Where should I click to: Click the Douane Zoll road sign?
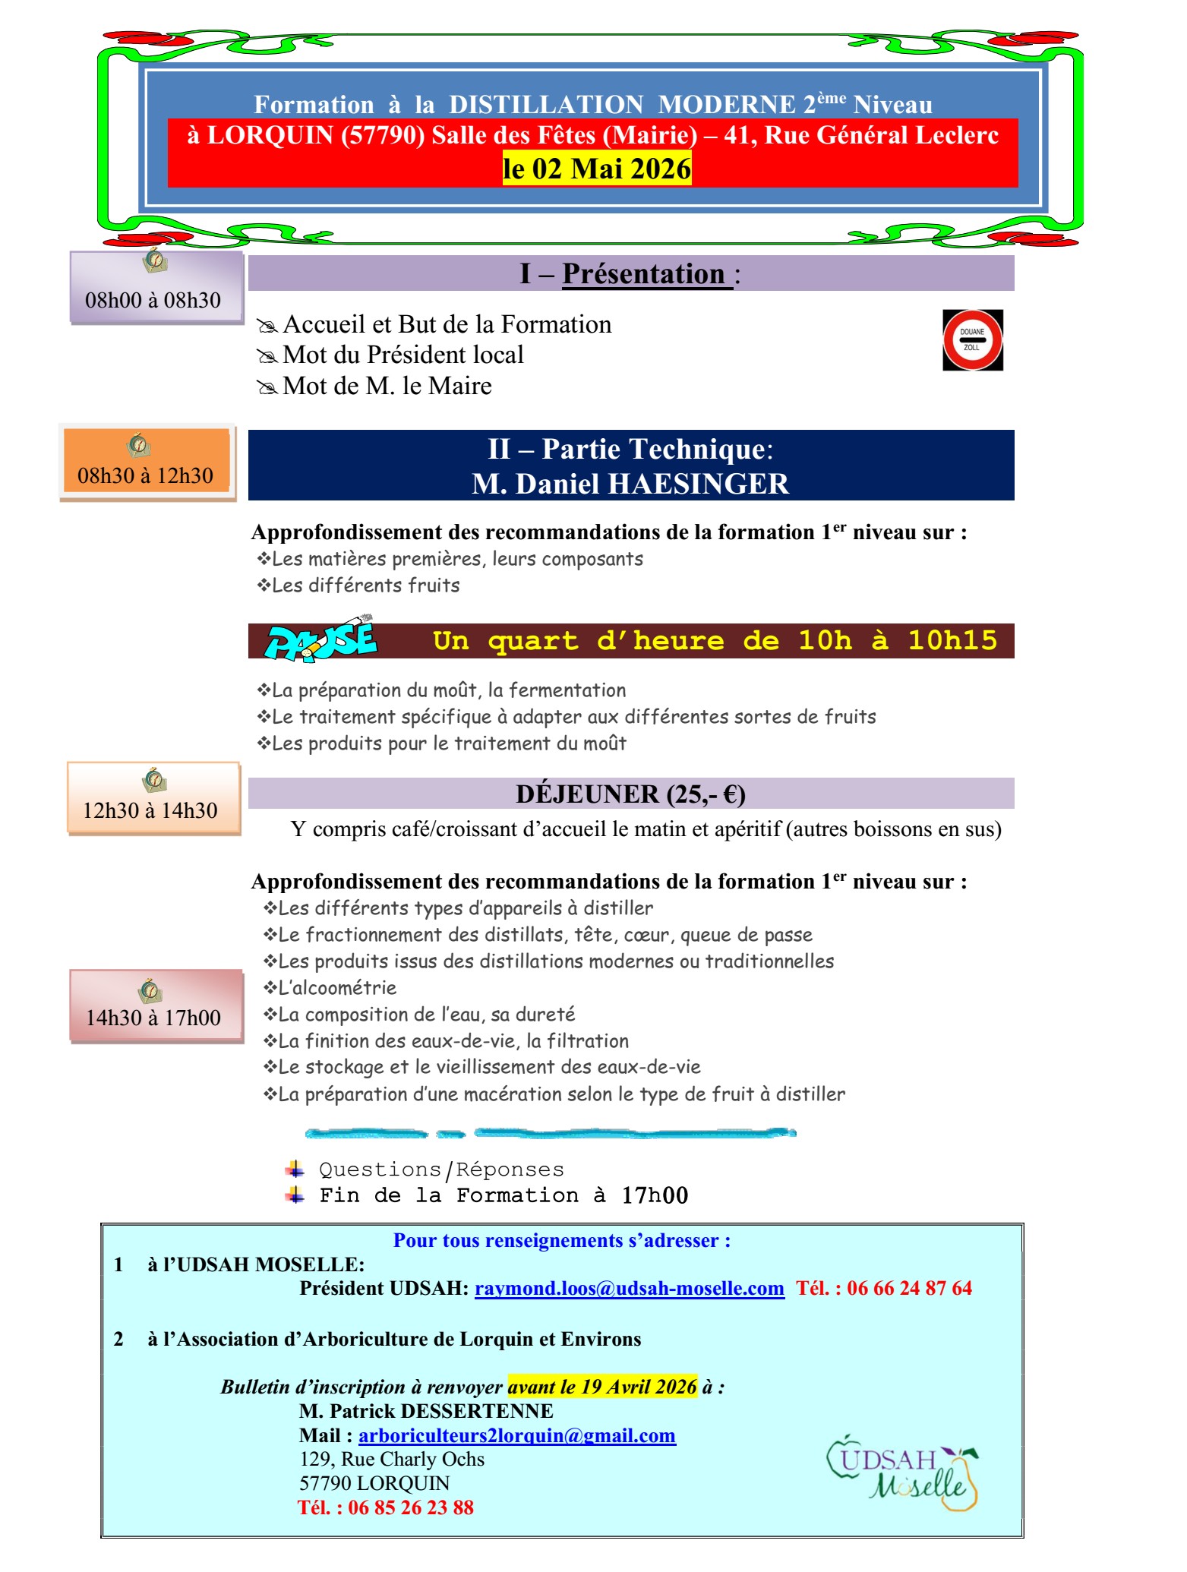point(972,340)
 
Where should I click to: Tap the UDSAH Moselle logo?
point(901,1471)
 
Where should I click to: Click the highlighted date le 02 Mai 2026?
point(597,169)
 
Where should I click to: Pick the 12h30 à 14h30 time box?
point(153,799)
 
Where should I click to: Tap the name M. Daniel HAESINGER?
point(630,484)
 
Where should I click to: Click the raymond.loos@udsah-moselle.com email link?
point(629,1288)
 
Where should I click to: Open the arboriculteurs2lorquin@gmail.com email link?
point(516,1435)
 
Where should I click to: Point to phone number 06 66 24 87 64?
point(909,1288)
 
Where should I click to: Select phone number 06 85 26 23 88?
point(410,1507)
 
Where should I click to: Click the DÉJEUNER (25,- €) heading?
point(630,794)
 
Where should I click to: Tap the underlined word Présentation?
point(644,273)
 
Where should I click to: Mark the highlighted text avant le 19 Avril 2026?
point(602,1387)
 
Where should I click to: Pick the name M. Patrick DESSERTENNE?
point(426,1411)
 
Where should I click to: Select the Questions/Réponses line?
point(440,1170)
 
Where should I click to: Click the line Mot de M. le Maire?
point(387,386)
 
